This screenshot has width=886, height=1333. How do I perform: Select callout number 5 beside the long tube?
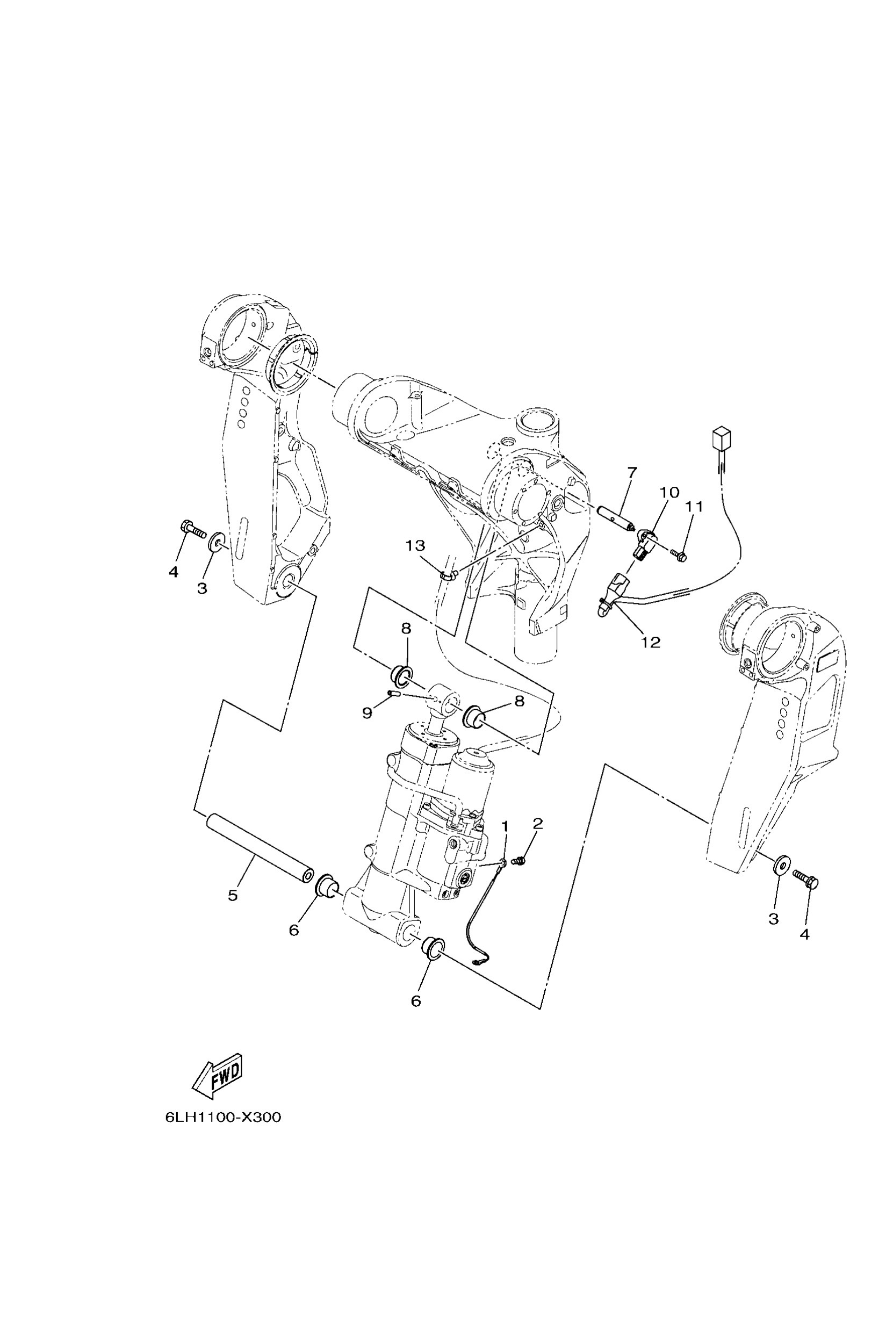point(233,896)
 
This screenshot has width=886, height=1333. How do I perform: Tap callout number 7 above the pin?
point(632,471)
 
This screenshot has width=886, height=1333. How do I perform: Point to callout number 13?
point(415,546)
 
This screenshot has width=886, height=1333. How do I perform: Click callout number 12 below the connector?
point(651,643)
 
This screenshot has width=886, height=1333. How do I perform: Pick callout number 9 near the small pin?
point(368,713)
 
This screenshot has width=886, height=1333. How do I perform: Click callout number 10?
point(669,492)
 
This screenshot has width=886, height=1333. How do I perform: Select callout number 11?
point(694,507)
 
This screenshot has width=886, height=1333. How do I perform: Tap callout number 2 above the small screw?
point(537,823)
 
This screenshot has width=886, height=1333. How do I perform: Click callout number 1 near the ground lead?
point(505,827)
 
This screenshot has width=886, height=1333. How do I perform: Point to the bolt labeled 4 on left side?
point(193,529)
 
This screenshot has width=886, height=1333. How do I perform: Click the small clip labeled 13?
point(449,575)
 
